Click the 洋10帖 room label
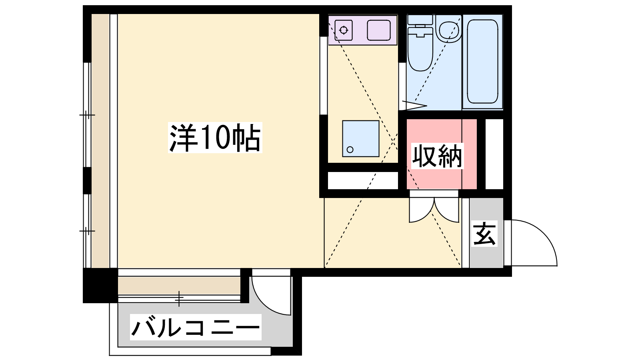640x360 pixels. tap(215, 138)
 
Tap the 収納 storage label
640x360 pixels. tap(437, 156)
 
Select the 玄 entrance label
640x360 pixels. tap(484, 234)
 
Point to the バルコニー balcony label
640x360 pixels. tap(196, 328)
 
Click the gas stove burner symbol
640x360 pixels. tap(344, 30)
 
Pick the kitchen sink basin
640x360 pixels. tap(379, 30)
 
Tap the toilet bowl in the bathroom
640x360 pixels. tap(420, 49)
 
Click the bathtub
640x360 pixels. tap(482, 62)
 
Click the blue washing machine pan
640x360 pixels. tap(361, 138)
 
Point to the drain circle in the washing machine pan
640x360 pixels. tap(350, 150)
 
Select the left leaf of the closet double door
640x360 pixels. tap(422, 210)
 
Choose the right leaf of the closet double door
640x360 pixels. tap(446, 210)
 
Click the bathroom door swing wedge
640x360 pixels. tap(414, 105)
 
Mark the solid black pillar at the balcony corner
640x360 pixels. tap(100, 286)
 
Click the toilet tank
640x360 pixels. tap(420, 20)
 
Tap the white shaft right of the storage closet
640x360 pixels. tap(494, 154)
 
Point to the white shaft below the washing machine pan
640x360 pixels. tap(363, 180)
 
